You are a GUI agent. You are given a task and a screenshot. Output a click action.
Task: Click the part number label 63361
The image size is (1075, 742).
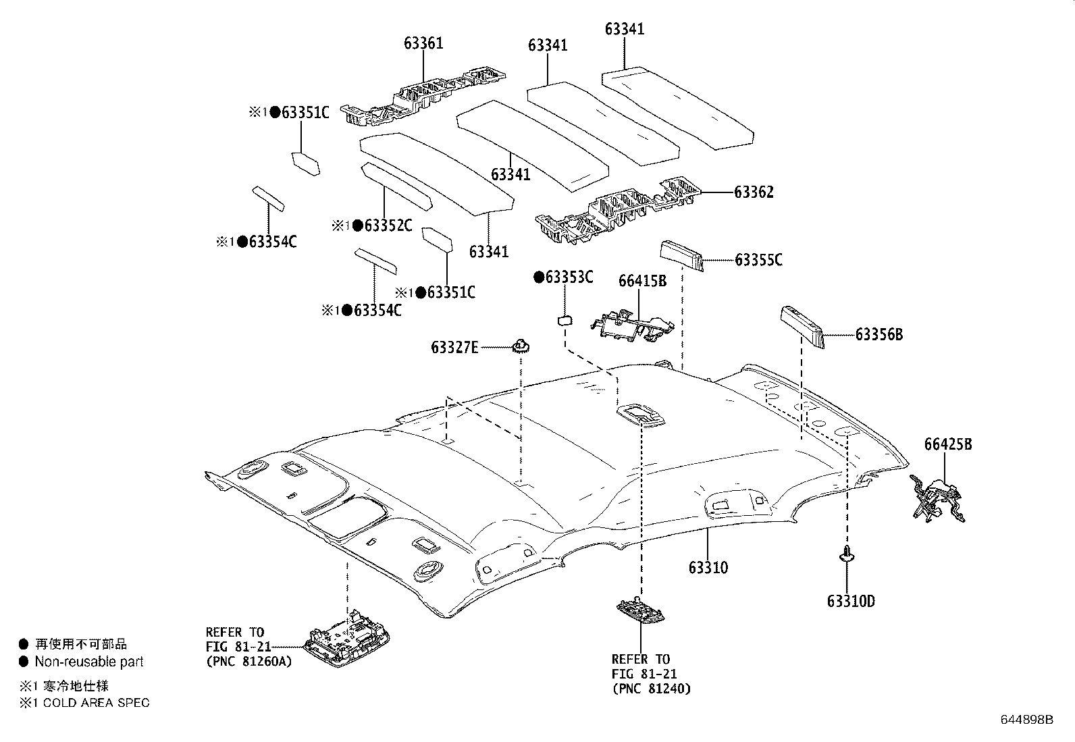pyautogui.click(x=423, y=44)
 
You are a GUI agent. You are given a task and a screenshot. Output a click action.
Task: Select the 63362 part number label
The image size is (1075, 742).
pyautogui.click(x=754, y=192)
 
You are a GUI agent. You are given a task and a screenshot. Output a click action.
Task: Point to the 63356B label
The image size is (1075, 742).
pyautogui.click(x=879, y=334)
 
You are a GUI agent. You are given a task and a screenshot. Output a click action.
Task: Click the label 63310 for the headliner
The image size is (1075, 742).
pyautogui.click(x=708, y=567)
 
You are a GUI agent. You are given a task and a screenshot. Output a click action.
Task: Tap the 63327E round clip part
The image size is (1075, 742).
pyautogui.click(x=521, y=346)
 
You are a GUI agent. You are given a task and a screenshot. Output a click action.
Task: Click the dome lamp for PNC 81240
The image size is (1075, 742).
pyautogui.click(x=640, y=610)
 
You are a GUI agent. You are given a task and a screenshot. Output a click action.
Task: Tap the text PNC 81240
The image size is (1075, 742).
pyautogui.click(x=651, y=689)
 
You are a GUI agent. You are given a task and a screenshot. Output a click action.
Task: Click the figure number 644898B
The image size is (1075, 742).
pyautogui.click(x=1026, y=719)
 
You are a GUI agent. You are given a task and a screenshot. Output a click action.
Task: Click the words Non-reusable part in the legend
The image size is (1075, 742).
pyautogui.click(x=89, y=662)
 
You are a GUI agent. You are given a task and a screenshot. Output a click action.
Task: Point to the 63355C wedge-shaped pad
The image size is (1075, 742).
pyautogui.click(x=681, y=255)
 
